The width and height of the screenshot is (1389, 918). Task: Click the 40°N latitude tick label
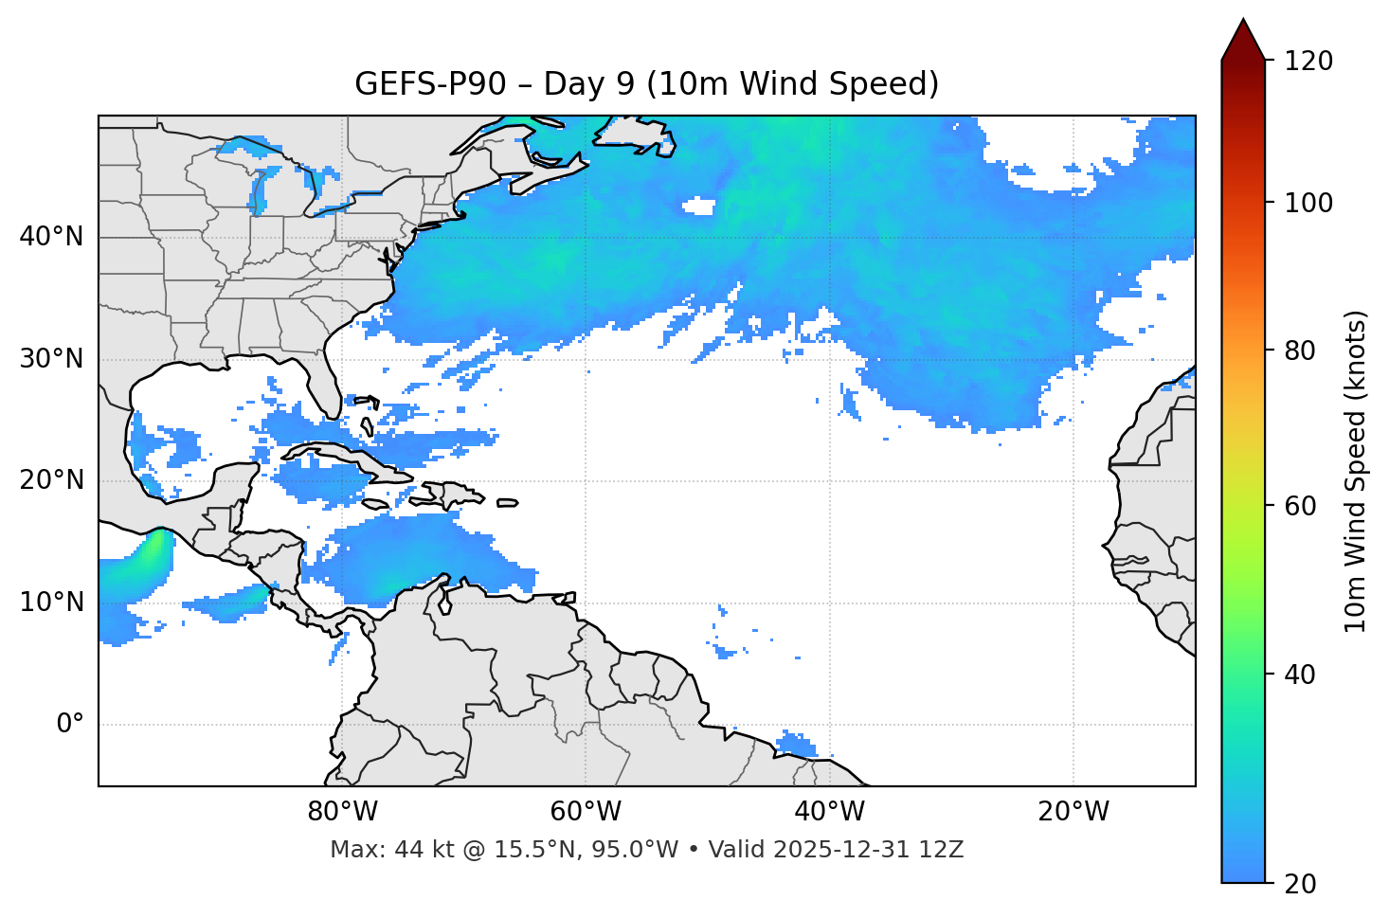point(51,237)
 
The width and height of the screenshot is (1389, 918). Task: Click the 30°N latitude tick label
point(51,359)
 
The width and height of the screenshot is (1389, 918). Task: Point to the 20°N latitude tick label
point(51,480)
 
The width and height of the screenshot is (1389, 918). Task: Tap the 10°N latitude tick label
point(51,603)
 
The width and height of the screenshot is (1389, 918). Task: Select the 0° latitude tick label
point(70,725)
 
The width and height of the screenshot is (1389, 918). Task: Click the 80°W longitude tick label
point(342,812)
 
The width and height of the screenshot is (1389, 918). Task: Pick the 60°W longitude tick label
point(586,812)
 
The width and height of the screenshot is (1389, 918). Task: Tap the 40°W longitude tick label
point(829,812)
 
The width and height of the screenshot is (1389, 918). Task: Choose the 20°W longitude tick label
point(1073,812)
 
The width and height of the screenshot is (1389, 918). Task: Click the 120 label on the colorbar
point(1308,62)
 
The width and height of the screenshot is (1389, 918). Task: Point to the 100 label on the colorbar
point(1308,203)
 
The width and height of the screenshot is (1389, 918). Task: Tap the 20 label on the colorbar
point(1300,884)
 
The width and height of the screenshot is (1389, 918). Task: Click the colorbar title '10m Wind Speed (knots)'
point(1356,472)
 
